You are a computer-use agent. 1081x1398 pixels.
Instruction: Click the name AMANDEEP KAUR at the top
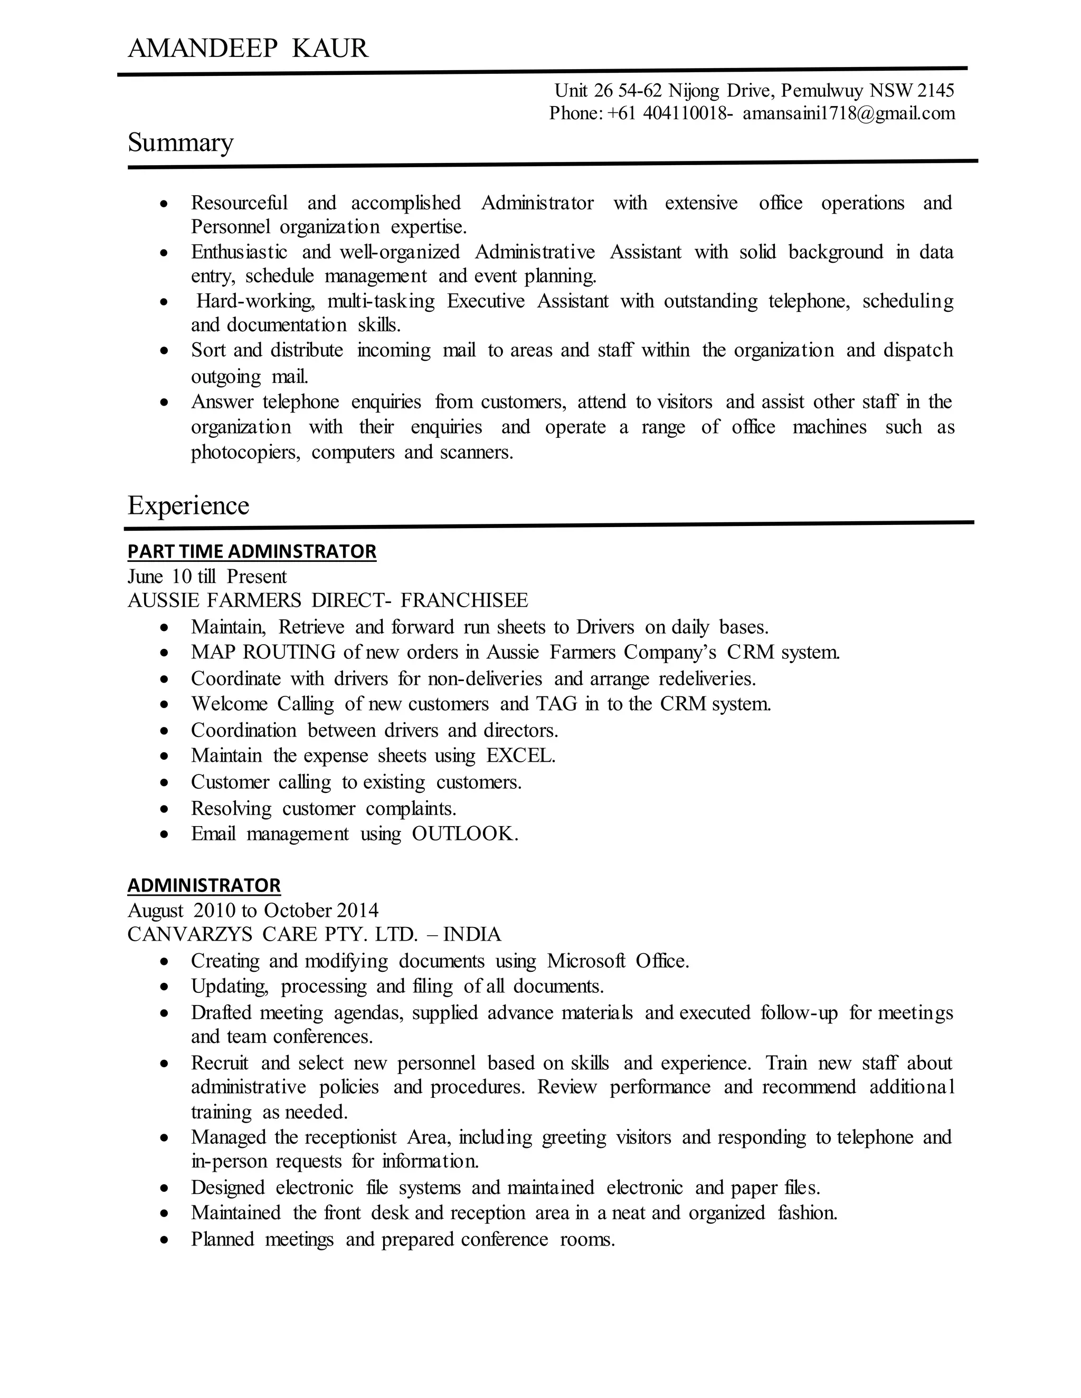[248, 49]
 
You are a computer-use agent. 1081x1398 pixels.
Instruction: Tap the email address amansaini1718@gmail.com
[849, 113]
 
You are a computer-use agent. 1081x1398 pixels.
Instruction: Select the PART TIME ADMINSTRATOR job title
[252, 551]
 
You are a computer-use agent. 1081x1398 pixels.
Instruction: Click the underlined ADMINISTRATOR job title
[204, 885]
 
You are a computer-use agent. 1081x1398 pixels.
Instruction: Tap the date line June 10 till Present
[207, 577]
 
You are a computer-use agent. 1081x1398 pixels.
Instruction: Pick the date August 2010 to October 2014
[253, 910]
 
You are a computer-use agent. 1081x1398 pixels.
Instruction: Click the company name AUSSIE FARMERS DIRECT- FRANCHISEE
[328, 600]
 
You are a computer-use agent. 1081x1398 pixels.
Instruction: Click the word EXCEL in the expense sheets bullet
[519, 756]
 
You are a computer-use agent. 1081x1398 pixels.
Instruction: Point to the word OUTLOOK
[463, 834]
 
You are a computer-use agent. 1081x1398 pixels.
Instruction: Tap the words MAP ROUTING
[263, 652]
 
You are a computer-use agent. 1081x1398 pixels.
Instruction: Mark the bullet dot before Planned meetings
[165, 1240]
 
